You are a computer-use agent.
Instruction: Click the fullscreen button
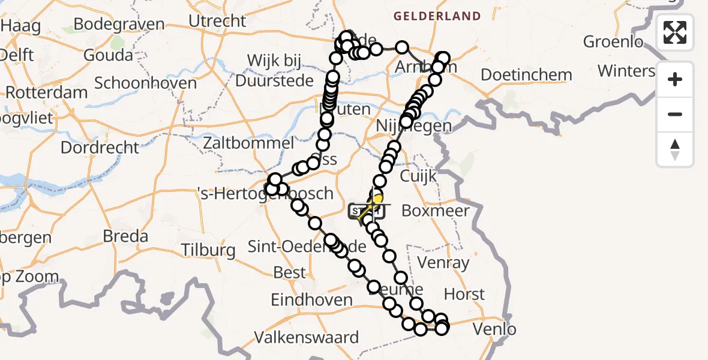click(x=675, y=32)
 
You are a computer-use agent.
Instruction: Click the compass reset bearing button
click(x=675, y=149)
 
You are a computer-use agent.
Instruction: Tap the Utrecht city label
click(x=217, y=20)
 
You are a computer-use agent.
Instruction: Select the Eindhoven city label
click(x=311, y=299)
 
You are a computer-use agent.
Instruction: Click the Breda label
click(x=125, y=236)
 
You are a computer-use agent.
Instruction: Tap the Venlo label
click(x=494, y=329)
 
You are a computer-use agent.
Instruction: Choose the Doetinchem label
click(x=526, y=75)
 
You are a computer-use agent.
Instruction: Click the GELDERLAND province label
click(x=437, y=16)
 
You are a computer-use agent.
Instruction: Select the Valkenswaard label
click(x=307, y=337)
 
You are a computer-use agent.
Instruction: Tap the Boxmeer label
click(x=435, y=211)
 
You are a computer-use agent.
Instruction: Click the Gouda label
click(x=108, y=55)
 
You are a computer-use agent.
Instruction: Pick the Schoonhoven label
click(x=145, y=83)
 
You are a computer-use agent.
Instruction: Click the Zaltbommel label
click(x=248, y=143)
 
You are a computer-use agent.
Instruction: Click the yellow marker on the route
click(x=377, y=199)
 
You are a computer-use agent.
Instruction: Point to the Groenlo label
click(x=613, y=42)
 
